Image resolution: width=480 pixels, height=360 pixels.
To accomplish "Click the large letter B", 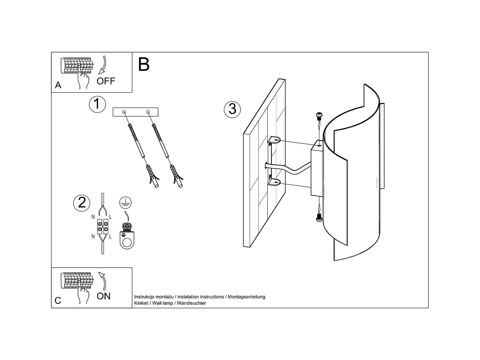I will [144, 64].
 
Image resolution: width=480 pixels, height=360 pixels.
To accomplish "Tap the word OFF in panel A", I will [106, 81].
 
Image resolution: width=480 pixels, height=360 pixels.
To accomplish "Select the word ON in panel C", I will [104, 296].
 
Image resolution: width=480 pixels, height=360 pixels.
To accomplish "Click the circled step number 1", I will [97, 104].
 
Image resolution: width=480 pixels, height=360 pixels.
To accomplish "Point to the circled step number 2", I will [82, 202].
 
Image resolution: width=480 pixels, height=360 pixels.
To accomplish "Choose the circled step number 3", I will [232, 109].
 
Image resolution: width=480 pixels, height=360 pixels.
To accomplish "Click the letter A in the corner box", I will [58, 85].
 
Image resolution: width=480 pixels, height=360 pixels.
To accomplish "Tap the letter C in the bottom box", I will [58, 300].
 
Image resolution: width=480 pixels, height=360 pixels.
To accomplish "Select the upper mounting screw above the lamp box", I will [318, 116].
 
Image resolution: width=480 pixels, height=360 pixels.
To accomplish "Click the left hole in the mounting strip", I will [124, 111].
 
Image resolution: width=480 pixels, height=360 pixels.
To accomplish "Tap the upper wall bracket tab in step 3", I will [274, 141].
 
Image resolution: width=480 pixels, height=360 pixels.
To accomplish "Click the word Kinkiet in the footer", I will [141, 303].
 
